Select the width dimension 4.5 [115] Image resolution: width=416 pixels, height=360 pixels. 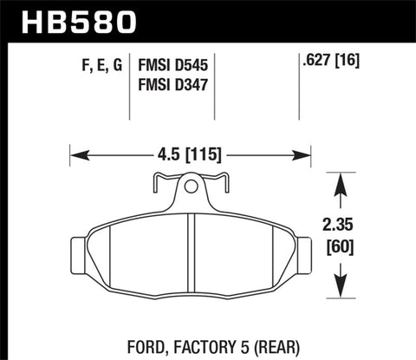(190, 156)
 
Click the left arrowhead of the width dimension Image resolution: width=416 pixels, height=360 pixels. (75, 157)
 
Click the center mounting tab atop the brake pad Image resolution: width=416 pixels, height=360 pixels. (190, 186)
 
